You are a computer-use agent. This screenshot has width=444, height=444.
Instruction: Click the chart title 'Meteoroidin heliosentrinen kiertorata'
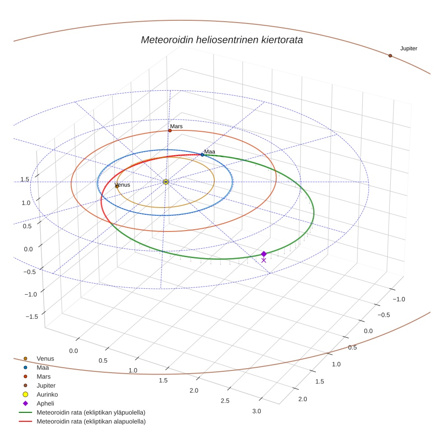(222, 40)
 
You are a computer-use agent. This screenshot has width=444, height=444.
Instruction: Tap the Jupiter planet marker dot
(390, 55)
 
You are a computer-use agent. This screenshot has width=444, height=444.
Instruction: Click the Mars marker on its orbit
(170, 130)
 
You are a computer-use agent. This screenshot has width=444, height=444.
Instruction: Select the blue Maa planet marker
(202, 155)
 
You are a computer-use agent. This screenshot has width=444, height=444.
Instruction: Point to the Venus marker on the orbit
(117, 186)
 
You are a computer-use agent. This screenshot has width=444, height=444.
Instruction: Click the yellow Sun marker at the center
(166, 182)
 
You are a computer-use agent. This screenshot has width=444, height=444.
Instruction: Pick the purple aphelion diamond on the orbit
(264, 254)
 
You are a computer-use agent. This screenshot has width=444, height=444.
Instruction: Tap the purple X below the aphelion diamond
(264, 260)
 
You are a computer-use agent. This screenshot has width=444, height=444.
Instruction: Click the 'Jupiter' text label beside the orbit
(408, 48)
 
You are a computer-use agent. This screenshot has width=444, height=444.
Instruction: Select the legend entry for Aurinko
(47, 394)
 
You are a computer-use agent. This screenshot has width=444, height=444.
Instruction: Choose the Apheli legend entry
(45, 403)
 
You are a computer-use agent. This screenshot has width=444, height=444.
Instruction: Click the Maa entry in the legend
(42, 367)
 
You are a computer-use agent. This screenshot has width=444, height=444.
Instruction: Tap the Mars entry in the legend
(43, 376)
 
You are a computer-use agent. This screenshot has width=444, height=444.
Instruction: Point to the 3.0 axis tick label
(256, 411)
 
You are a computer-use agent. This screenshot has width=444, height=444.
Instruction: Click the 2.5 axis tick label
(225, 401)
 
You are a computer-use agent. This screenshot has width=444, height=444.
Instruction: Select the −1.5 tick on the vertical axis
(32, 317)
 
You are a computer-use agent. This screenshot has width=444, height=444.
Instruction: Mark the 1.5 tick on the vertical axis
(25, 179)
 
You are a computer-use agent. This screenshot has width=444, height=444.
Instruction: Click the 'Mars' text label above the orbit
(176, 126)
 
